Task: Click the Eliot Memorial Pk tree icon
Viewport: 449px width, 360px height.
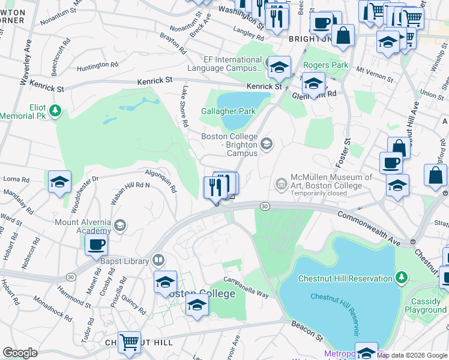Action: click(x=55, y=110)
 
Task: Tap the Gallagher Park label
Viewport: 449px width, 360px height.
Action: click(x=228, y=111)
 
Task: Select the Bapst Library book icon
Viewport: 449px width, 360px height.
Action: click(x=158, y=260)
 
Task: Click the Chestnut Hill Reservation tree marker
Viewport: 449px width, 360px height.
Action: click(x=402, y=278)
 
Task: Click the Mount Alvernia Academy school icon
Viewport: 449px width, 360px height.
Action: click(x=120, y=226)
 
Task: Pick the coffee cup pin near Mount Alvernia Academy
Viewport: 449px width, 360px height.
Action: click(x=95, y=244)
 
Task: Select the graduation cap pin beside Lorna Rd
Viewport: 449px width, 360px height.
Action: click(x=59, y=182)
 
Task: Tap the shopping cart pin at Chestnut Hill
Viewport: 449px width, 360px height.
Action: click(x=129, y=343)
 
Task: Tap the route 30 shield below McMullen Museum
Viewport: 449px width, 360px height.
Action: click(x=264, y=206)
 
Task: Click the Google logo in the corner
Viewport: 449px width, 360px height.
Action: click(x=20, y=353)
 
